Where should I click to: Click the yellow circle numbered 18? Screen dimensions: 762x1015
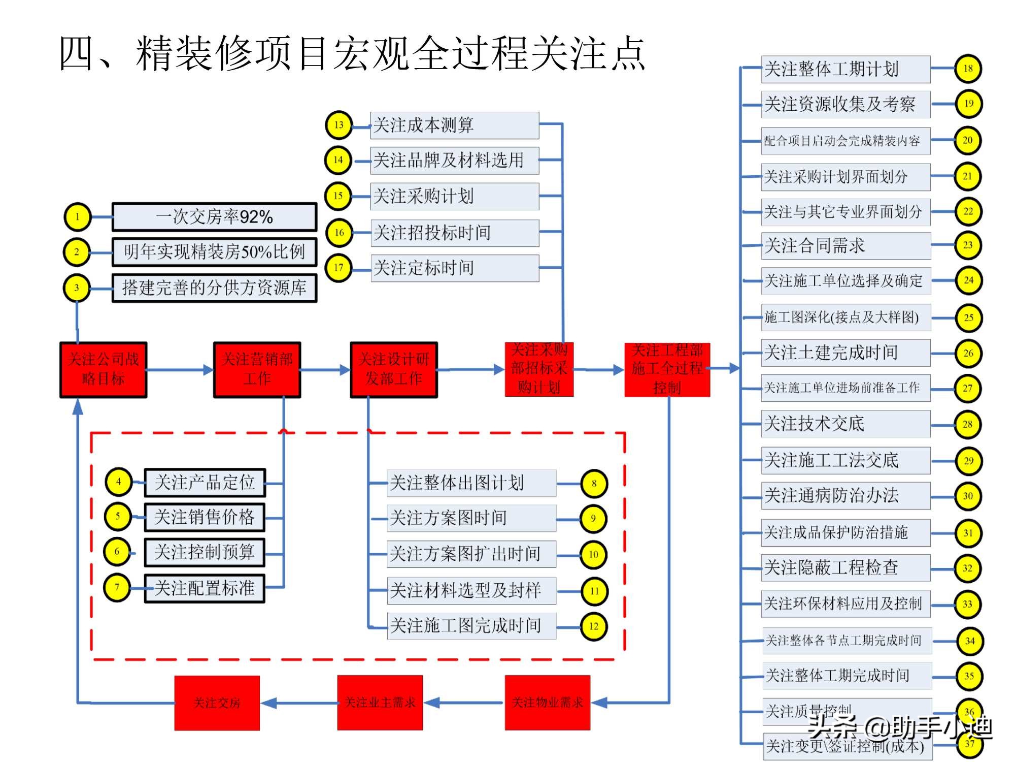(968, 69)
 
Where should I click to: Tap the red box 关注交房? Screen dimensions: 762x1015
(217, 703)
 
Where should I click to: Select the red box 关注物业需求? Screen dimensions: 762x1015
(547, 703)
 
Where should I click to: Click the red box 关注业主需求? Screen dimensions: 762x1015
(380, 703)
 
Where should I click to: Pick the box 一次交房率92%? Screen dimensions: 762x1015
(214, 217)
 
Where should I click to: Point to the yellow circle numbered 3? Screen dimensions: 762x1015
(77, 288)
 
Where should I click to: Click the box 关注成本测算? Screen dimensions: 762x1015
(454, 125)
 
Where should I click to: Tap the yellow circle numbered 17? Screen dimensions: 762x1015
(339, 268)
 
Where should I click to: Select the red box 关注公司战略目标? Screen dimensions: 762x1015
(103, 369)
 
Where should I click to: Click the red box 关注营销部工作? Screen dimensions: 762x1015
(257, 369)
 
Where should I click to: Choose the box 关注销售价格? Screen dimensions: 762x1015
(204, 517)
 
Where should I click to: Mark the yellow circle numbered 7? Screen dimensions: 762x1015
(117, 588)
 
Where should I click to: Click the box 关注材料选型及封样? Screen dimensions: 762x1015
(471, 590)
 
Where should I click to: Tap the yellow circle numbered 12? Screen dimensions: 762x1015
(593, 626)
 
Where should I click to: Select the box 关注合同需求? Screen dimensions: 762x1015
(845, 246)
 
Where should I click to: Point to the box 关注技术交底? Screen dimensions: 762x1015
(845, 424)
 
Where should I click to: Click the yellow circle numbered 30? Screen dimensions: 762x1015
(968, 496)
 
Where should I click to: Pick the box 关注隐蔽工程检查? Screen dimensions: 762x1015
(845, 567)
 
